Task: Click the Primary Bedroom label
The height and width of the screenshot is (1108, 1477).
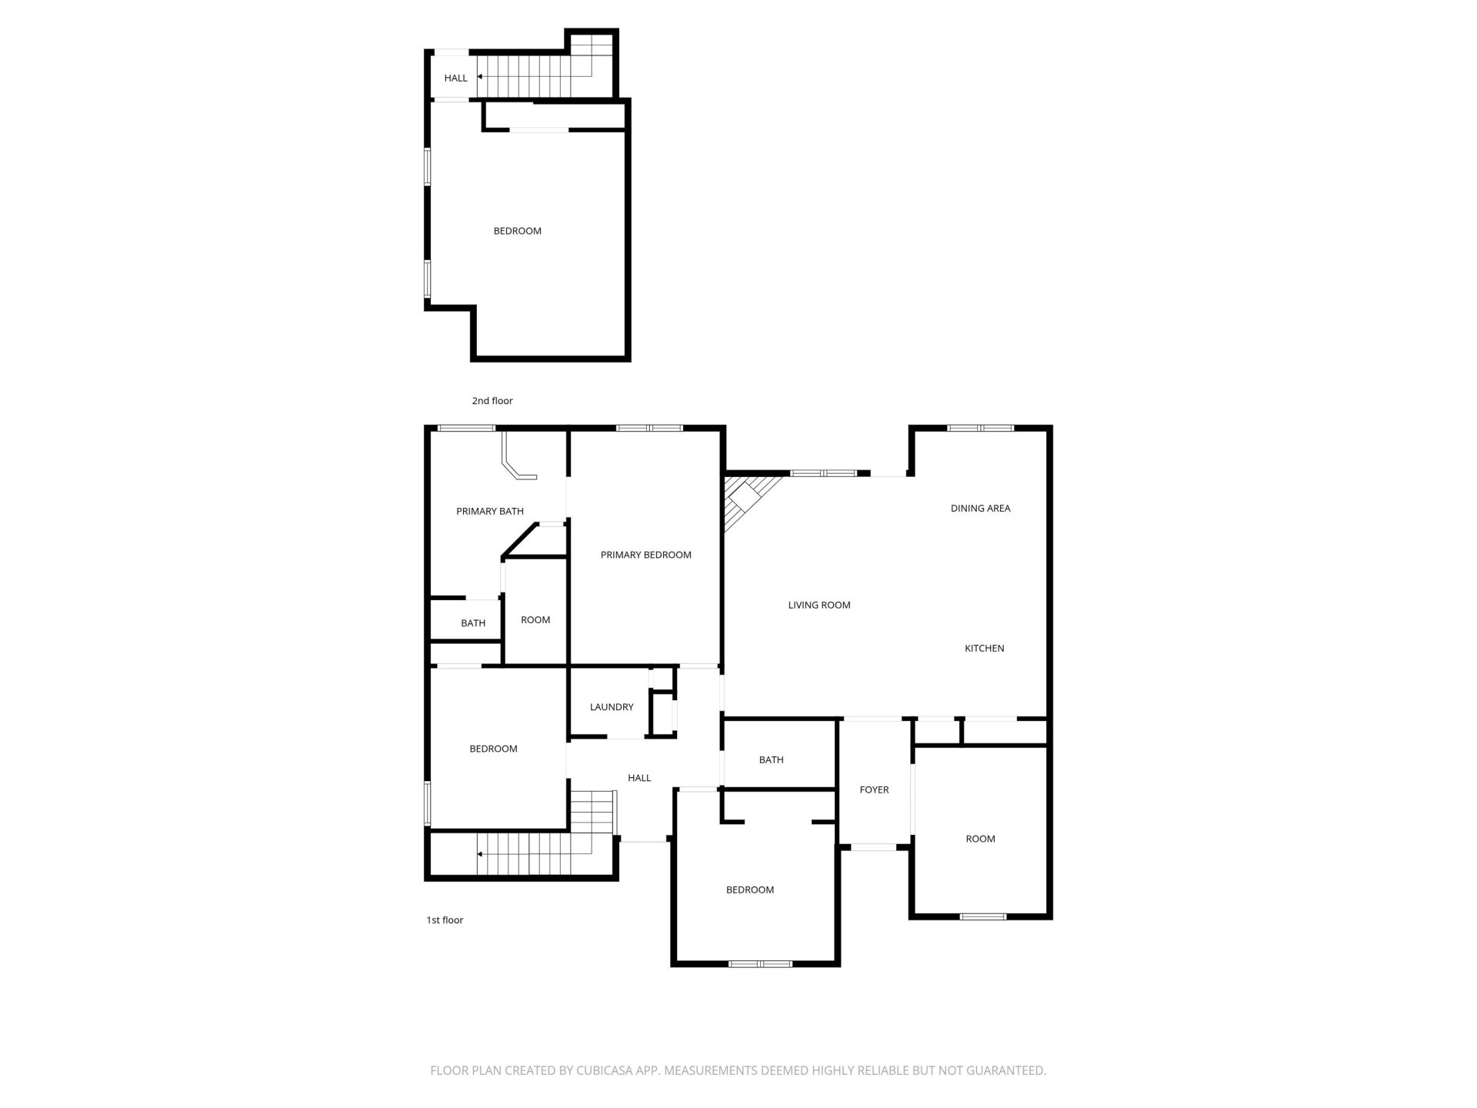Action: pyautogui.click(x=645, y=555)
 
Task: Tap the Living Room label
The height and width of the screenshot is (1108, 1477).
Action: pyautogui.click(x=819, y=605)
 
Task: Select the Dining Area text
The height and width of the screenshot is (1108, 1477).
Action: pyautogui.click(x=980, y=508)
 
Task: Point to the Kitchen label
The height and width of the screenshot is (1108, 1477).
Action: pyautogui.click(x=984, y=648)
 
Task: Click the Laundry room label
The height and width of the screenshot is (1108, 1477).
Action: pyautogui.click(x=612, y=707)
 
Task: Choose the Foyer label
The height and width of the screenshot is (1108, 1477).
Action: pyautogui.click(x=874, y=789)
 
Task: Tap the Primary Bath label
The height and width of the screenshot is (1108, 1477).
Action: pyautogui.click(x=489, y=511)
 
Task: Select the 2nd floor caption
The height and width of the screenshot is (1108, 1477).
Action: pyautogui.click(x=492, y=400)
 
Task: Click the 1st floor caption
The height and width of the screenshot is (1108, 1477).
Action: pyautogui.click(x=445, y=919)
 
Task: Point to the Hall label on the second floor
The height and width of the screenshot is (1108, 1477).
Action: pyautogui.click(x=455, y=78)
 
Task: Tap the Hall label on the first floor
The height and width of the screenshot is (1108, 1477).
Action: pyautogui.click(x=639, y=778)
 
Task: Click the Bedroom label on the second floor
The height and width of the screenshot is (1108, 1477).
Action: pyautogui.click(x=517, y=231)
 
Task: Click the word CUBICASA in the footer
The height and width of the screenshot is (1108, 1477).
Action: pyautogui.click(x=606, y=1070)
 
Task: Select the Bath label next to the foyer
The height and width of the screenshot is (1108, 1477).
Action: pyautogui.click(x=771, y=759)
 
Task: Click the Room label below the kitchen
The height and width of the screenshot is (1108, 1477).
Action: pyautogui.click(x=980, y=839)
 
